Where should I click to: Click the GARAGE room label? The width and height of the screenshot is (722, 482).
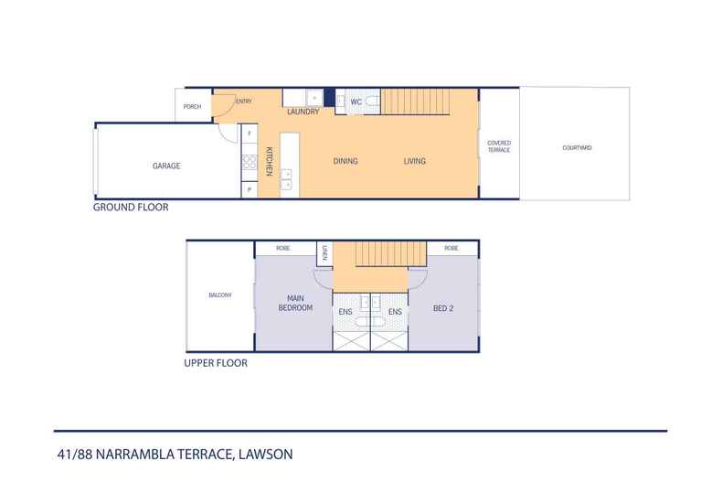[166, 166]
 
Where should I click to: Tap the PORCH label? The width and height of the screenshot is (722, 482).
[192, 107]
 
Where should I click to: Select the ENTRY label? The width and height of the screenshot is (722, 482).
[243, 102]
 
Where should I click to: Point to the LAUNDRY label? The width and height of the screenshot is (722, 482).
[303, 112]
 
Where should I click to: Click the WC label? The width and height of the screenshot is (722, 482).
[356, 102]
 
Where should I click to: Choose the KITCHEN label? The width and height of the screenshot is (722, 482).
[270, 162]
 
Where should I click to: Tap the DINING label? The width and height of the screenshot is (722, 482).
[345, 162]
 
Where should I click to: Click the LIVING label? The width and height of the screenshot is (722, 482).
[415, 162]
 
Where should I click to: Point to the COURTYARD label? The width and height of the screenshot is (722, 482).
[576, 146]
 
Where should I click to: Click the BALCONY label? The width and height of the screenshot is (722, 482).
[220, 295]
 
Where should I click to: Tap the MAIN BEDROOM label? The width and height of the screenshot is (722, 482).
[295, 303]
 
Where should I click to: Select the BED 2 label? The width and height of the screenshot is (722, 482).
[444, 308]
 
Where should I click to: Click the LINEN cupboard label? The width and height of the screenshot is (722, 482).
[324, 252]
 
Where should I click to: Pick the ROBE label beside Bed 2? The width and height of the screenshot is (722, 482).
[451, 248]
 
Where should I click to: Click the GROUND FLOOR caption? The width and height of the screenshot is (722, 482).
[131, 208]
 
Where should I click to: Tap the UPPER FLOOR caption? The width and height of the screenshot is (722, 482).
[217, 362]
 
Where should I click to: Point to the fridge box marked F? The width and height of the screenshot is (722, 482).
[247, 134]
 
